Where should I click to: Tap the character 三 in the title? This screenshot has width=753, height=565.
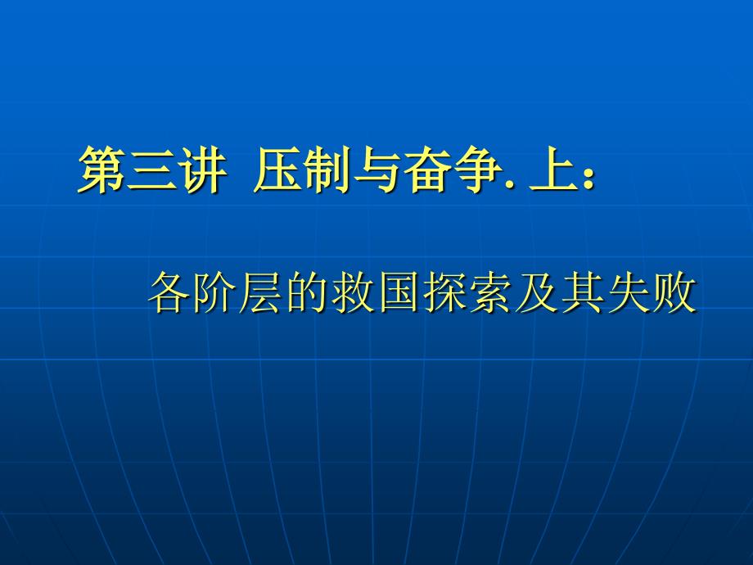tap(151, 169)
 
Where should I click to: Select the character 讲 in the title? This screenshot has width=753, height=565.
tap(201, 169)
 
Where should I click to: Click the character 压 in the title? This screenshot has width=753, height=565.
tap(278, 169)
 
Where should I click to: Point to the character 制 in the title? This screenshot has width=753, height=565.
tap(327, 169)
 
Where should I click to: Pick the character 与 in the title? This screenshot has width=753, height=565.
tap(376, 169)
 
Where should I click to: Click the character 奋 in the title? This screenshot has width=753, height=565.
tap(425, 169)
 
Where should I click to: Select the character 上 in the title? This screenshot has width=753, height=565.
tap(552, 169)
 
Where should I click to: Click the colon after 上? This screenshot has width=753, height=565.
tap(589, 178)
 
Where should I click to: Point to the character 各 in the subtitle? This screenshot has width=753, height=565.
tap(170, 292)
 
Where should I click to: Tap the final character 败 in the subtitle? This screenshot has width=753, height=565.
tap(674, 292)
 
